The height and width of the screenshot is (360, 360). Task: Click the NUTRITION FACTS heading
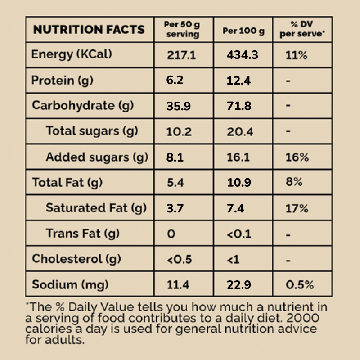coord(89,30)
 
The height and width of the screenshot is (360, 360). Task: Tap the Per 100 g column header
coord(243,31)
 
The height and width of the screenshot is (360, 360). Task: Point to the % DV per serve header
coord(302,30)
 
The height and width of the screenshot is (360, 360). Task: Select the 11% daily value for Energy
coord(297,55)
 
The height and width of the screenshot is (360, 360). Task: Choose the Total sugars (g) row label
coord(92,131)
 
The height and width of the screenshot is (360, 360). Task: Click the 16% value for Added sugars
coord(297,157)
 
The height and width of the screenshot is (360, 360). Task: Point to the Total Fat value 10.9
coord(238,183)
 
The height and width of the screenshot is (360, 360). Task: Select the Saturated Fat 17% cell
coord(297,208)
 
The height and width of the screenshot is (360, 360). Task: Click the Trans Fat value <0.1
coord(238,234)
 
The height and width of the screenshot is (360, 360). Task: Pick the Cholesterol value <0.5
coord(179,260)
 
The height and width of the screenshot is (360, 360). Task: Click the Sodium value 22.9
coord(238,285)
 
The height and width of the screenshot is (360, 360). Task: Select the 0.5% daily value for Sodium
coord(300,285)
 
